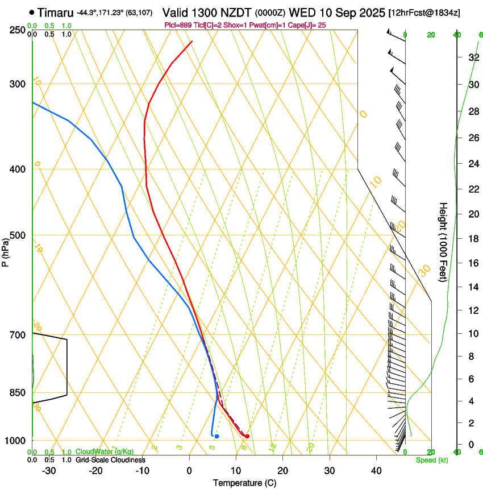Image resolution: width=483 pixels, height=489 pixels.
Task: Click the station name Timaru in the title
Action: (56, 13)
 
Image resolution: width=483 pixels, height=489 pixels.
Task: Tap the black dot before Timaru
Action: (31, 13)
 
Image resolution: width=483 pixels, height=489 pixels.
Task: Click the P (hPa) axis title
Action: (6, 250)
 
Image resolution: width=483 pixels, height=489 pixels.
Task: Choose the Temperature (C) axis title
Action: (244, 483)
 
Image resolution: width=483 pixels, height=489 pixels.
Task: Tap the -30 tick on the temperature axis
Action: (49, 470)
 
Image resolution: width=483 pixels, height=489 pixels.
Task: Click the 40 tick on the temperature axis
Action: (376, 470)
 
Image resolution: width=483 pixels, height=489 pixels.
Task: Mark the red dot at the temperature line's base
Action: (247, 436)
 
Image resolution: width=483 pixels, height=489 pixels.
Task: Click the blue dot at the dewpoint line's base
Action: (216, 436)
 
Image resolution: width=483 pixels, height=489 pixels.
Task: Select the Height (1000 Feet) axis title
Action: (443, 242)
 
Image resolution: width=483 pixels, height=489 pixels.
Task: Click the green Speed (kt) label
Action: (431, 460)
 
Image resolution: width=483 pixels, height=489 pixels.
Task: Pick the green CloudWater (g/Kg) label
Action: (105, 452)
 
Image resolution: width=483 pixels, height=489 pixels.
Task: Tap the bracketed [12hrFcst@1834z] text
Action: (432, 13)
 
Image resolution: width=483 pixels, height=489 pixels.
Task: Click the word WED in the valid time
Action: (301, 13)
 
